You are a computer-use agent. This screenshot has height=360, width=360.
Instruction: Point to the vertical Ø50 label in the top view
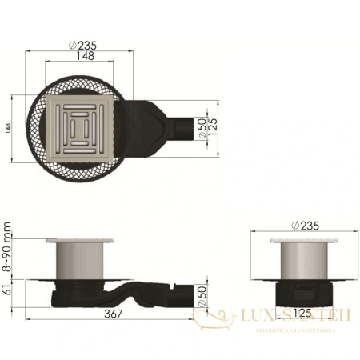(204, 130)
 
